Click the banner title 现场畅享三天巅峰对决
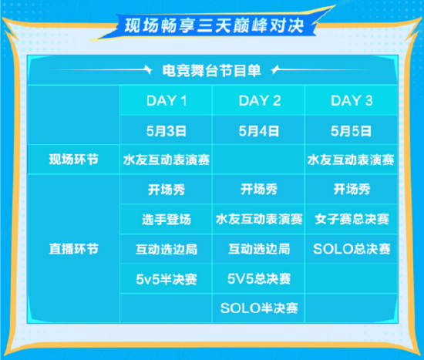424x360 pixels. [x=214, y=26]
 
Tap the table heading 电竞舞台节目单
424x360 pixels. [x=212, y=71]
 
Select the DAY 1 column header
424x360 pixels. [x=167, y=101]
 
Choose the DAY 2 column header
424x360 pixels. [x=260, y=101]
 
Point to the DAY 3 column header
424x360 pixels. [x=352, y=101]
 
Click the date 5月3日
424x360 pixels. [x=167, y=131]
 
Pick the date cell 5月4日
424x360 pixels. [x=259, y=131]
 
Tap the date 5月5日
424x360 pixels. [x=352, y=131]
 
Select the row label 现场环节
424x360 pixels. [x=73, y=160]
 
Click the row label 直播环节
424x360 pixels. [x=73, y=249]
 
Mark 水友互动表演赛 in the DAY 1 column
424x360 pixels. [x=167, y=160]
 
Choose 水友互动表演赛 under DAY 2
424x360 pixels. [x=259, y=219]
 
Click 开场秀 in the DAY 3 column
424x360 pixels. [x=352, y=189]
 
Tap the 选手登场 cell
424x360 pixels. [x=167, y=219]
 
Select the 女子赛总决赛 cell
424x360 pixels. [x=352, y=219]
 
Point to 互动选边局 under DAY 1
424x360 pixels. [x=167, y=249]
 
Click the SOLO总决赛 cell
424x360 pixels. [x=352, y=249]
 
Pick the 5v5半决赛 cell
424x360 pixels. [x=167, y=279]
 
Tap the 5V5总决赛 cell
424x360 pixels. [x=259, y=278]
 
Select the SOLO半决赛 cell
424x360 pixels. [x=259, y=308]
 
